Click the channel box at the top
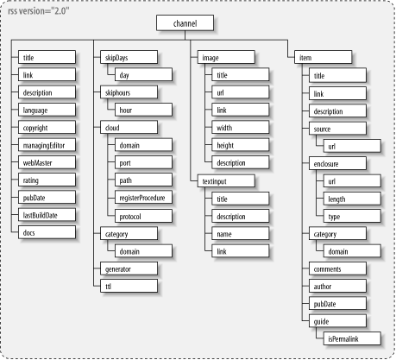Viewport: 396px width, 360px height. pos(185,23)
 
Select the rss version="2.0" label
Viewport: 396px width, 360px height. pos(39,11)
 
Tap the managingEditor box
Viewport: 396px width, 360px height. pos(47,145)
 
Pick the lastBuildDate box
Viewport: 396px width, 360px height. pos(47,215)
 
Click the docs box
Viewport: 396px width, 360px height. pos(47,232)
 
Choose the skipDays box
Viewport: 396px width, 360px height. pos(129,57)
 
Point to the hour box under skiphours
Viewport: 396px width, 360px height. pos(143,110)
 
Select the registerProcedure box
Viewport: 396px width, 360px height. pos(143,198)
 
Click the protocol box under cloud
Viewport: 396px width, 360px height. pos(143,216)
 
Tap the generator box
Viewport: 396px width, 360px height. pos(129,268)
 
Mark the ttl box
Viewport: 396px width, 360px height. pos(129,286)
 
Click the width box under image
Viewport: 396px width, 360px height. pos(241,128)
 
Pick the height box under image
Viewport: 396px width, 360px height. pos(241,145)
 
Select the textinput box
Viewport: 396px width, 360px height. pos(226,181)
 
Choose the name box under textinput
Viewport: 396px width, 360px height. pos(241,234)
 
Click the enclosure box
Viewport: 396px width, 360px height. pos(337,163)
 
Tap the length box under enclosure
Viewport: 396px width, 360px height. pos(352,199)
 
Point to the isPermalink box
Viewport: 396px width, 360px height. pos(352,338)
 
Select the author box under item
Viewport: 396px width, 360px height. pos(337,286)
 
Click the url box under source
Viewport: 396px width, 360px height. pos(352,146)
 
